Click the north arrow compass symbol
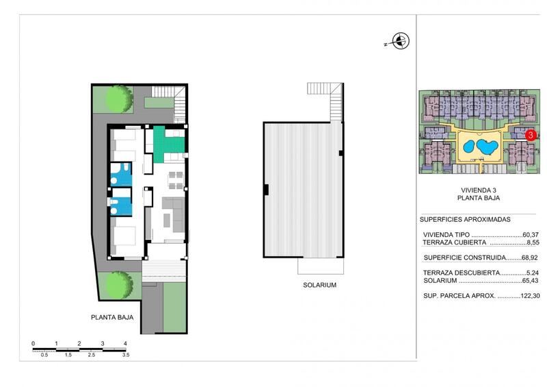point(401,41)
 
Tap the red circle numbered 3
point(531,135)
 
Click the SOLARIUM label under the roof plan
point(319,285)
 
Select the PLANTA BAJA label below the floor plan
point(112,317)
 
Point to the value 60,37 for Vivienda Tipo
point(531,235)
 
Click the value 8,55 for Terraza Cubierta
point(533,242)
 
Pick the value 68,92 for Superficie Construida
point(529,258)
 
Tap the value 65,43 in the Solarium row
point(531,281)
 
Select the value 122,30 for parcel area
point(530,296)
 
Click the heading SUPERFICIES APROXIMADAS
point(465,220)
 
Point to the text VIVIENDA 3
point(479,190)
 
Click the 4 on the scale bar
point(125,344)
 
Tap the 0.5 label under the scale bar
point(44,355)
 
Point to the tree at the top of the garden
point(119,99)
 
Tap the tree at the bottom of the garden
point(119,285)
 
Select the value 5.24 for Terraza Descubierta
point(533,273)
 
